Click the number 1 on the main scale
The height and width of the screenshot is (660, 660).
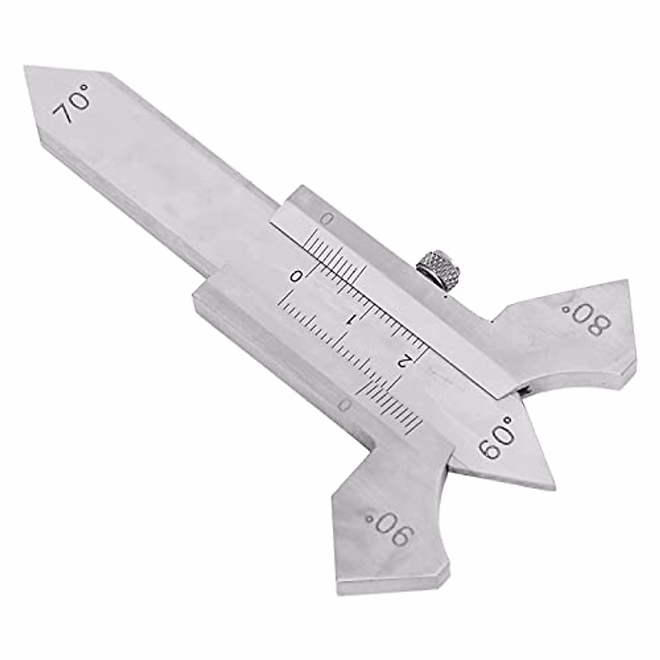click(x=351, y=319)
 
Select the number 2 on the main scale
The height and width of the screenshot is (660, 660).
click(x=404, y=360)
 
